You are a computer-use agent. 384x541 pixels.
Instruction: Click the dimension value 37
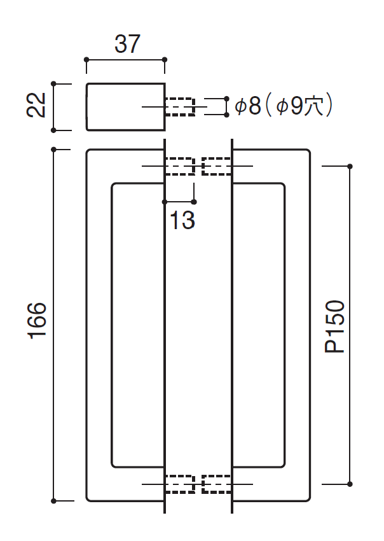tap(127, 45)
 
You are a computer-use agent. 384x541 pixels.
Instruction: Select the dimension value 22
tap(37, 106)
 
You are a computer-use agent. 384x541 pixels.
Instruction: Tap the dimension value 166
tap(38, 323)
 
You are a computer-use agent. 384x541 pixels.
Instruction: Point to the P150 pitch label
tap(334, 325)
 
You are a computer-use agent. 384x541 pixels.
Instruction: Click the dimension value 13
tap(182, 220)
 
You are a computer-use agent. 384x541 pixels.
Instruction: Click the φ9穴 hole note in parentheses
tap(299, 106)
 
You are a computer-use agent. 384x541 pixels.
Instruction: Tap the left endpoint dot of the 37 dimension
tap(86, 60)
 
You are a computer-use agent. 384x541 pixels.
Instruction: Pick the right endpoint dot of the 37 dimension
tap(165, 60)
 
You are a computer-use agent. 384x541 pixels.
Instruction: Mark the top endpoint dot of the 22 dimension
tap(53, 83)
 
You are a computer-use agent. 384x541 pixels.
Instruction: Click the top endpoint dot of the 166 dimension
tap(53, 150)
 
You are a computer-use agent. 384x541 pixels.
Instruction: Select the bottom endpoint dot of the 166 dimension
tap(53, 500)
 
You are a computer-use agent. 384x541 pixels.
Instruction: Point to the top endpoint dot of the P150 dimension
tap(350, 166)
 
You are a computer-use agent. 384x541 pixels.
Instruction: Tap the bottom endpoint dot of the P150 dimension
tap(350, 484)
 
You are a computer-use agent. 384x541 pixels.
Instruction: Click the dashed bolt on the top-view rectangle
tap(180, 106)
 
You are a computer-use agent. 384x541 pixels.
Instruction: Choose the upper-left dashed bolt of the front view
tap(180, 166)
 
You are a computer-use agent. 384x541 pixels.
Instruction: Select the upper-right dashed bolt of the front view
tap(216, 166)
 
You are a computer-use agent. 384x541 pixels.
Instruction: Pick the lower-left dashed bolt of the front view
tap(180, 484)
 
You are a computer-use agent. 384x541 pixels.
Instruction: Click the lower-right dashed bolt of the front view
tap(216, 484)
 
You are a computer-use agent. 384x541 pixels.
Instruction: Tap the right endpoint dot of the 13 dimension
tap(194, 202)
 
